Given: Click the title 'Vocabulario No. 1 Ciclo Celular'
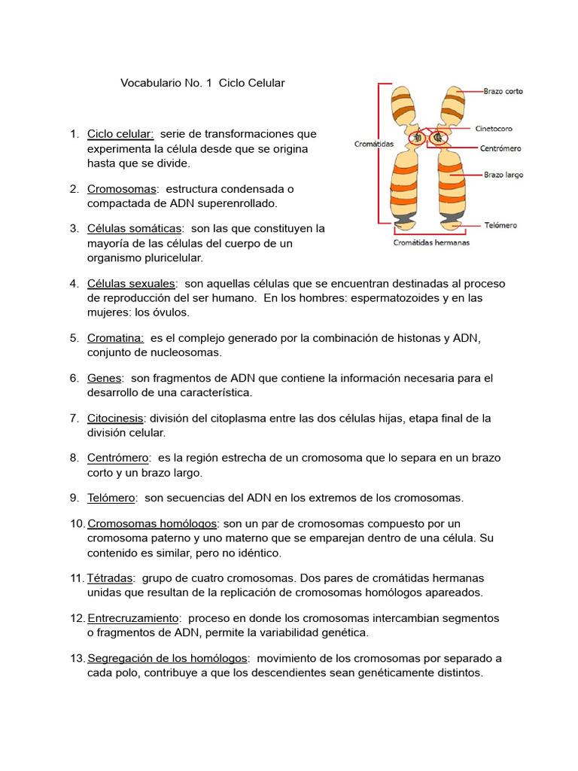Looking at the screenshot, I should (202, 83).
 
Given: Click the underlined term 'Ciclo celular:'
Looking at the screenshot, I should (120, 134).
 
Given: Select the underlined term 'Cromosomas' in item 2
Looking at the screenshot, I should (121, 188).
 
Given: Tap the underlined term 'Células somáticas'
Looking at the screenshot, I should (134, 228).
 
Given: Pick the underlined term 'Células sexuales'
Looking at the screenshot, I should (132, 283).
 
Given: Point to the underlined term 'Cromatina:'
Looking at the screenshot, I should (115, 338).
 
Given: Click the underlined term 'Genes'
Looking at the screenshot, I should (104, 378).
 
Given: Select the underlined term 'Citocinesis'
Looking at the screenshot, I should (116, 418).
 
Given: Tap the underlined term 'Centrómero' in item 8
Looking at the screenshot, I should (118, 458).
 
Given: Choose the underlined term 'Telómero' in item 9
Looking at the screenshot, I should (111, 498).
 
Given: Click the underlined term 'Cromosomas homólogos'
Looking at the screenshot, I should (152, 523).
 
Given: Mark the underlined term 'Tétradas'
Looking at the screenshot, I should (111, 578).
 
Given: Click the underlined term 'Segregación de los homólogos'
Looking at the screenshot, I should (167, 658).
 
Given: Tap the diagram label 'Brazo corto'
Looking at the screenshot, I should (503, 92).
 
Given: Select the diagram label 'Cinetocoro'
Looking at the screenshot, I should (494, 128).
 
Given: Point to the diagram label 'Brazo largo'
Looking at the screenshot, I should (503, 175).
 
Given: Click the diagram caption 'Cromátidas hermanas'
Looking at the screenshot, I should (431, 242).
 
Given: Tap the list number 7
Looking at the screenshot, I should (74, 418).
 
